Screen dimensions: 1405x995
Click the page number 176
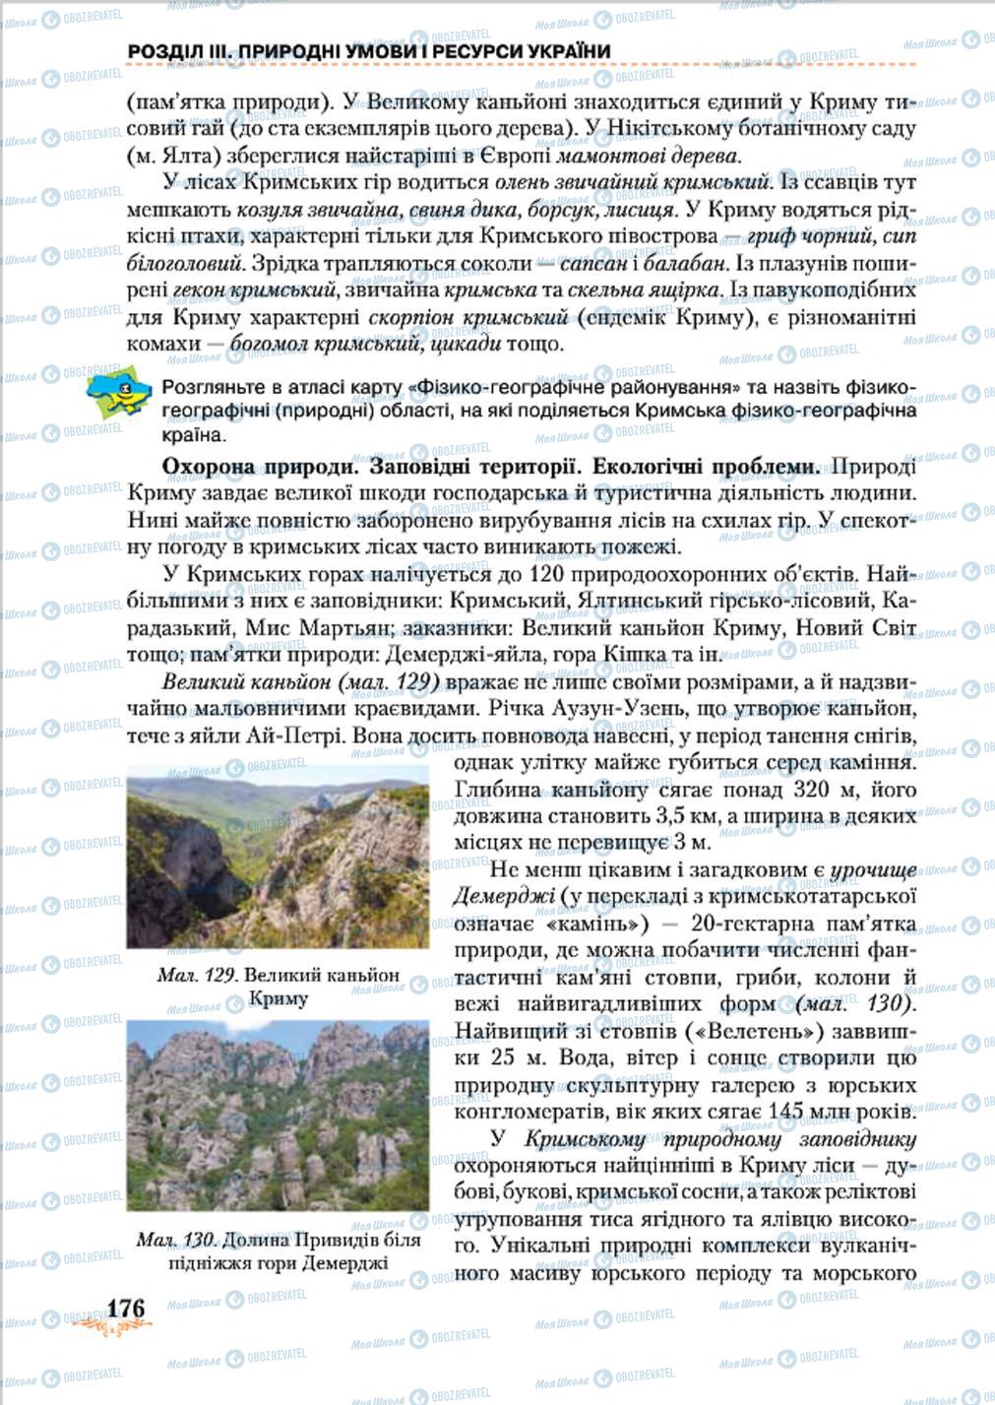point(126,1308)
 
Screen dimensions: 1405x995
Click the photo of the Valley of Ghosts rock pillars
point(278,1116)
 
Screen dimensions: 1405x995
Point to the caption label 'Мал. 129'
point(197,975)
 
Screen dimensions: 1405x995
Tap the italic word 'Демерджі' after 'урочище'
point(498,896)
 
